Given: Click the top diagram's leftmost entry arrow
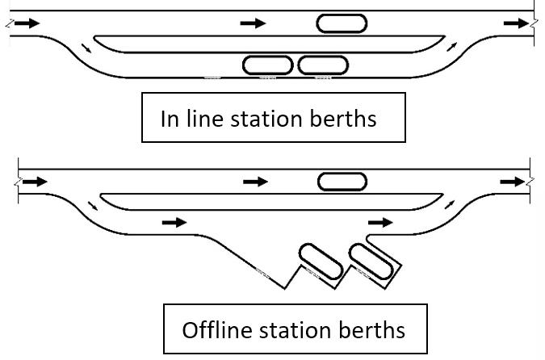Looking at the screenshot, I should point(26,23).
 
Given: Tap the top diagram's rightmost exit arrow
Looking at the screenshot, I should point(514,23).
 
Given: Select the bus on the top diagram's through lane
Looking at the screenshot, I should point(342,23).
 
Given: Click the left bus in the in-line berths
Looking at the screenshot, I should point(268,65).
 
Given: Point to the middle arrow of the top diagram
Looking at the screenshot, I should point(254,23).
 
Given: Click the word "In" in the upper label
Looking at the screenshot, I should point(170,119).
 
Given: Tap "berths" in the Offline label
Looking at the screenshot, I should point(373,330).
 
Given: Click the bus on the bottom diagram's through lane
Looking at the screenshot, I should point(342,182).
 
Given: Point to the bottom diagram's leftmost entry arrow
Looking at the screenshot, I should point(35,182).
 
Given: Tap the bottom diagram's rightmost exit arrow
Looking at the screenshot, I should point(513,182).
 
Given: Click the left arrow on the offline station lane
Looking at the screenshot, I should point(174,221).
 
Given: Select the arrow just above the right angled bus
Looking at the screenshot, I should point(380,221).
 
